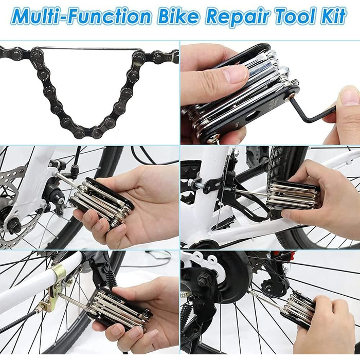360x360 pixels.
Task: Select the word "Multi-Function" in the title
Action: [81, 16]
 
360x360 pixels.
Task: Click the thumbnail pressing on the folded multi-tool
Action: [236, 74]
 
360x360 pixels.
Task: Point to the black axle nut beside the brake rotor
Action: [14, 226]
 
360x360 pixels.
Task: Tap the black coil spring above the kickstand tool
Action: [112, 278]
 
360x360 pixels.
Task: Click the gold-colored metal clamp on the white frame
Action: [56, 282]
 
